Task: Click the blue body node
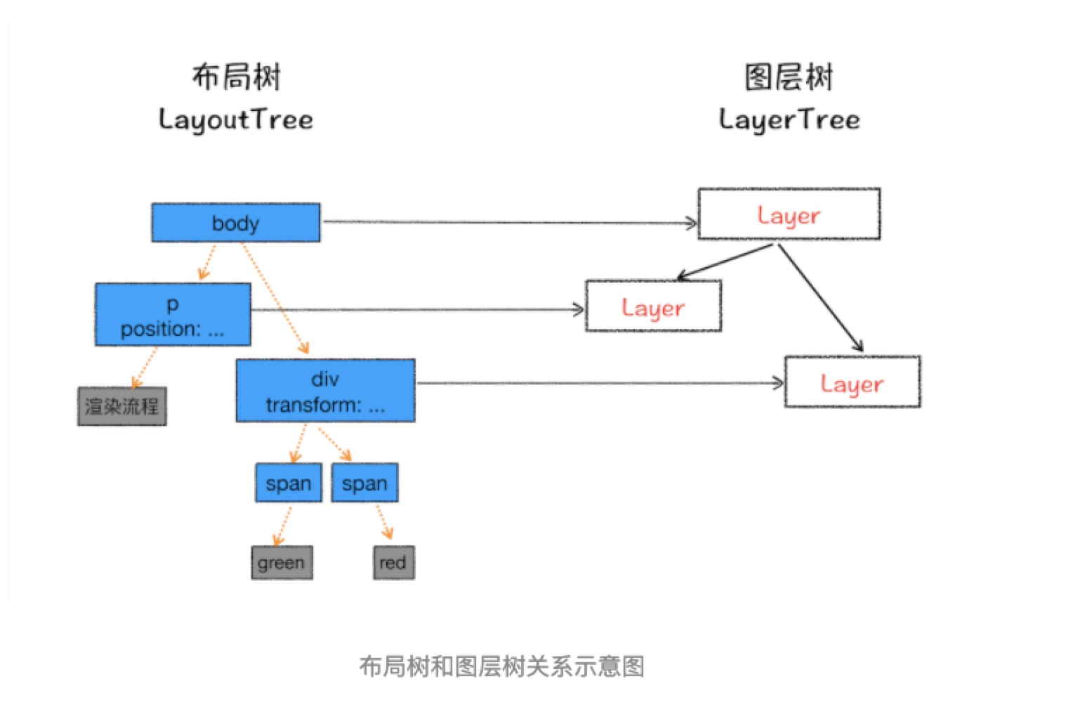tap(236, 223)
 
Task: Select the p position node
tap(173, 315)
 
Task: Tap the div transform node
tap(325, 391)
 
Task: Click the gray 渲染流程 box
tap(122, 406)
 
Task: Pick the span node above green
tap(289, 483)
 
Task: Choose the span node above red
tap(364, 483)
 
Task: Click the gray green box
tap(282, 562)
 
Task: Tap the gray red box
tap(393, 562)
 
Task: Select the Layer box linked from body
tap(789, 214)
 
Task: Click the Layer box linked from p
tap(653, 306)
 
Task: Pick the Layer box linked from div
tap(852, 382)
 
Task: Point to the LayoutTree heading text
tap(236, 119)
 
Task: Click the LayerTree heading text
tap(789, 119)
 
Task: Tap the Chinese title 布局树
tap(236, 77)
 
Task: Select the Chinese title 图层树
tap(789, 77)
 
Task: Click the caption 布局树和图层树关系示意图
tap(501, 666)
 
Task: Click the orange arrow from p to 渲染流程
tap(145, 366)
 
